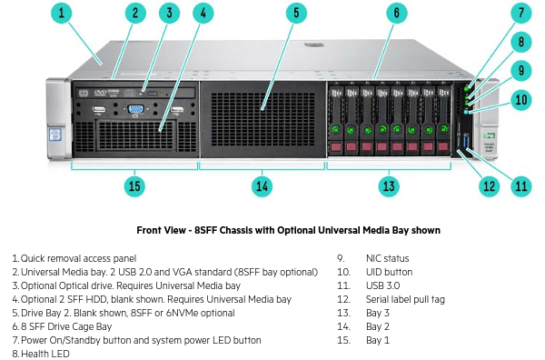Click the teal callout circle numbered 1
coord(62,14)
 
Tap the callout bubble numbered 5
coord(296,14)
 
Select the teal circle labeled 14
coord(262,186)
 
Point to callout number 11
coord(521,186)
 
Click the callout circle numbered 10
coord(521,100)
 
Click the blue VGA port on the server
coord(135,109)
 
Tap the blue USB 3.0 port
coord(466,142)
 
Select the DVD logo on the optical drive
coord(101,93)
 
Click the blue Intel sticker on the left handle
coord(54,135)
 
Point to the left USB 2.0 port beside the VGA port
coord(99,110)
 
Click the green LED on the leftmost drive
coord(335,130)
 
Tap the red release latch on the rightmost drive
coord(443,146)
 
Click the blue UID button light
coord(466,112)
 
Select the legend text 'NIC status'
coord(387,258)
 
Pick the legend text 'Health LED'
coord(45,354)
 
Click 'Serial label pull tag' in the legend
coord(405,299)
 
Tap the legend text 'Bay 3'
coord(378,313)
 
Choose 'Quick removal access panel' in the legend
coord(78,258)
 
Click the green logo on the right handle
coord(489,135)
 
